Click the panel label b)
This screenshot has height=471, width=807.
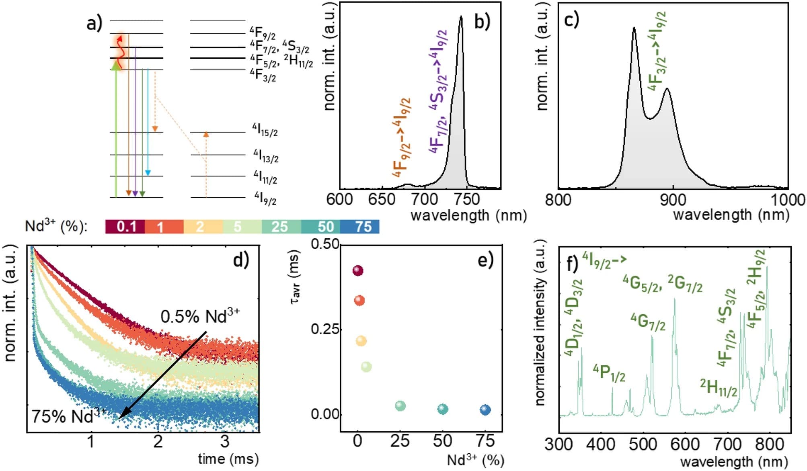(x=482, y=22)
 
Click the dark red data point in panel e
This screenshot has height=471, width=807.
(x=358, y=271)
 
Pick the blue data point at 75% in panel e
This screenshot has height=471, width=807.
(x=485, y=410)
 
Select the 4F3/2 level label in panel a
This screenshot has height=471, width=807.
(x=263, y=75)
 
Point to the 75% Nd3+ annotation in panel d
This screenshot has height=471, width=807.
(x=68, y=416)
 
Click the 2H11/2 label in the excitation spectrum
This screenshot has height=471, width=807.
(x=719, y=388)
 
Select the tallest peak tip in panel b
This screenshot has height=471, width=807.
(x=461, y=17)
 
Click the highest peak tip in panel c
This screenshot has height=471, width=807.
(x=634, y=28)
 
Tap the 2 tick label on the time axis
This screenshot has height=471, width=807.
(x=158, y=442)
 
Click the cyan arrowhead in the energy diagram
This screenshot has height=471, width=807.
(x=148, y=173)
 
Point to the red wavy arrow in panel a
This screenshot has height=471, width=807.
(x=120, y=48)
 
